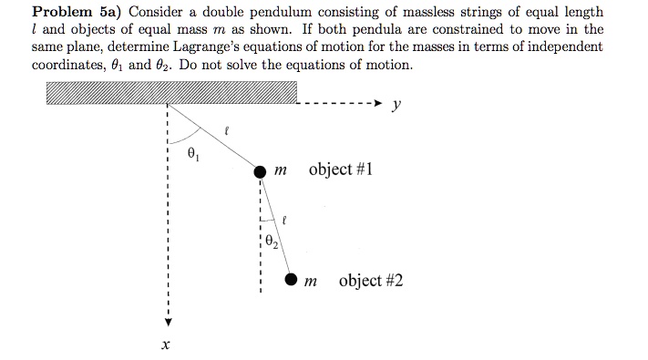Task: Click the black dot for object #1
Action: click(260, 171)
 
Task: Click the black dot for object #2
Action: click(291, 281)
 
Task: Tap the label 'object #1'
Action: click(341, 170)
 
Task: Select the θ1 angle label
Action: click(192, 153)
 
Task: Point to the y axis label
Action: click(396, 105)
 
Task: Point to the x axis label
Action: click(166, 345)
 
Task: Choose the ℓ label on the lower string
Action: click(284, 219)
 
